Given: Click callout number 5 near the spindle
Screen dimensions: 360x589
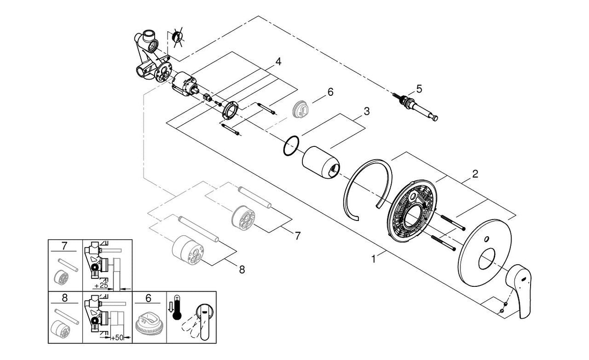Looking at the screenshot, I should (419, 89).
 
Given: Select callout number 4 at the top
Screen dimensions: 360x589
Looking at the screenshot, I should (278, 62).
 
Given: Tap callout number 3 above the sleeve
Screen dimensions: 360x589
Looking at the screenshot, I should (366, 112).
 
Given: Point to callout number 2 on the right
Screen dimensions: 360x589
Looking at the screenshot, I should (475, 174).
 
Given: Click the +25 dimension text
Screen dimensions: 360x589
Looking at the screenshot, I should (102, 285).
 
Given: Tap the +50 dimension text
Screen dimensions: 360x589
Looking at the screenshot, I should (116, 338).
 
